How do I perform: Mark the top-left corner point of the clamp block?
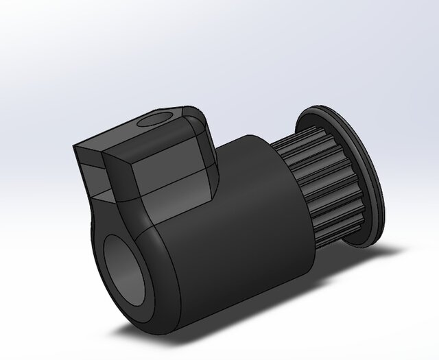coord(75,146)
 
